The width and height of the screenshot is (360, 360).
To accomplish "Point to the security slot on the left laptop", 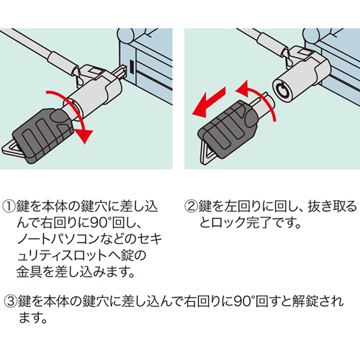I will pyautogui.click(x=134, y=69).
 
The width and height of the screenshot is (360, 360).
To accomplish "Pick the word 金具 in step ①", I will pyautogui.click(x=38, y=272).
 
